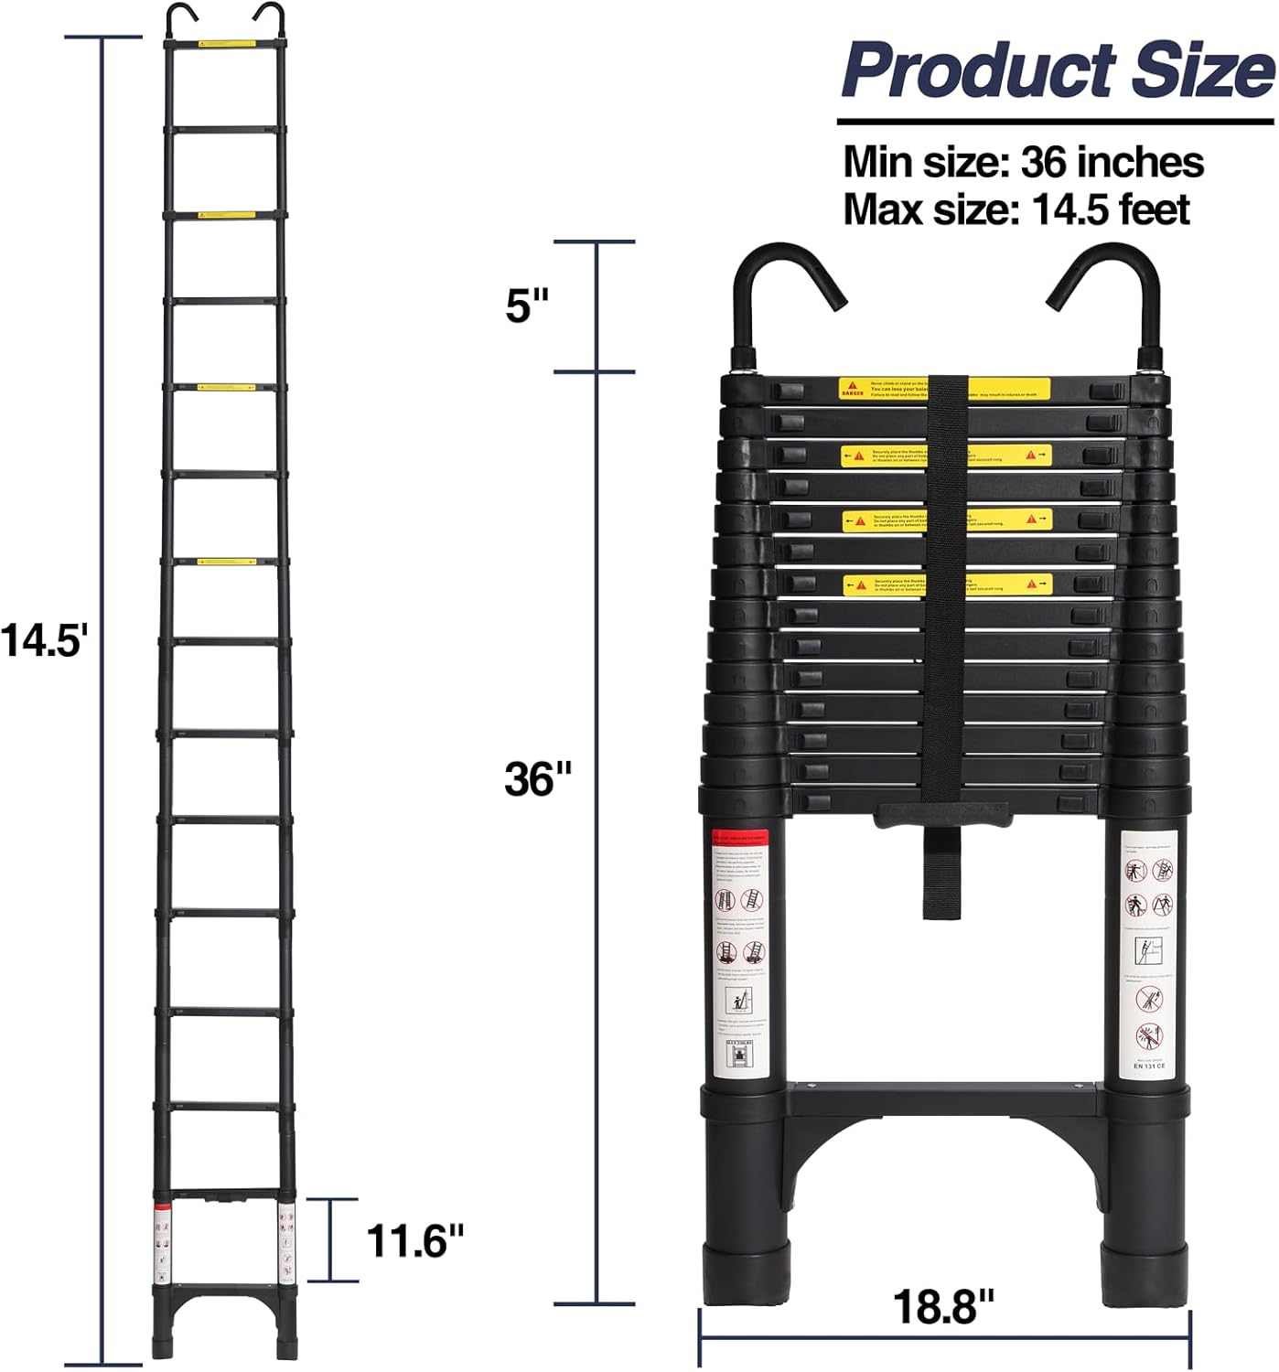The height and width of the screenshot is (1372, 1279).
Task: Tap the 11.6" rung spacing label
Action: tap(415, 1241)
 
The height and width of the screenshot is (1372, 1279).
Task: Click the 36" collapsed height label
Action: tap(537, 779)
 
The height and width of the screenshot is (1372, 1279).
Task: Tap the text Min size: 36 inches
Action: tap(1023, 162)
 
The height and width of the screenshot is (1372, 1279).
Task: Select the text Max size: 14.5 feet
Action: tap(1016, 209)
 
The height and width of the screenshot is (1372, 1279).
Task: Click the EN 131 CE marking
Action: tap(1150, 1066)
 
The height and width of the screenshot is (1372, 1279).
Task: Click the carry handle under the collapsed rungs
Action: tap(942, 814)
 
